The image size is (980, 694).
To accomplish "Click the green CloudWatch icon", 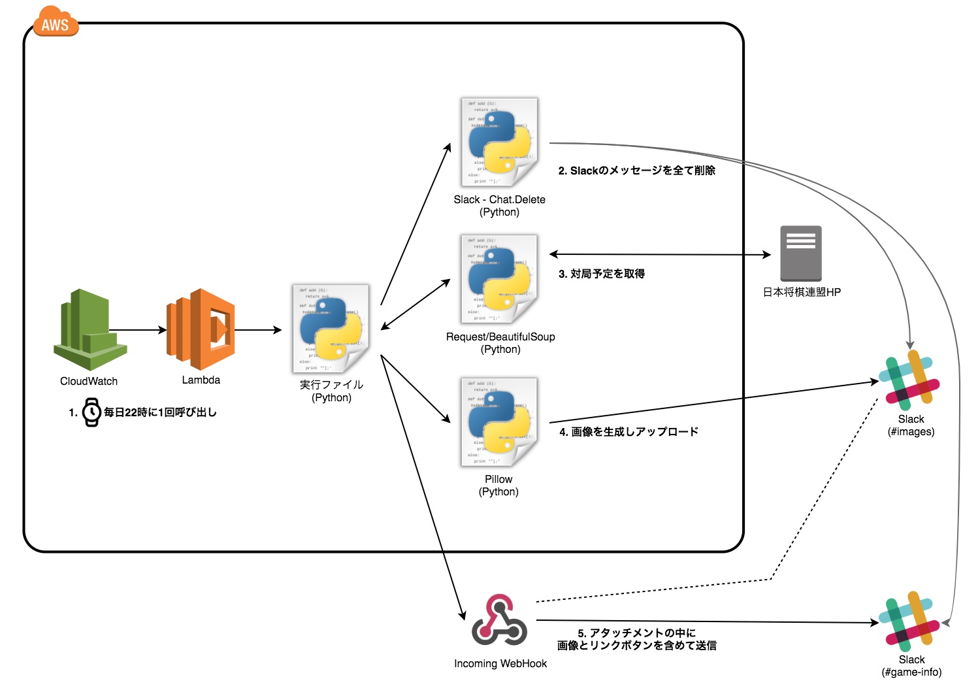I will (x=90, y=329).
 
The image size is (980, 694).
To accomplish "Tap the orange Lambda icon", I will (x=201, y=329).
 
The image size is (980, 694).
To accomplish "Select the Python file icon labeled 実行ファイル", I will (x=331, y=329).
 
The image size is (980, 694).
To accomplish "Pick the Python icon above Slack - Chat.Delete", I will (x=500, y=142).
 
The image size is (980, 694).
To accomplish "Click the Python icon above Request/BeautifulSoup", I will (x=500, y=279).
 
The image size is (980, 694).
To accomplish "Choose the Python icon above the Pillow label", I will (x=500, y=422).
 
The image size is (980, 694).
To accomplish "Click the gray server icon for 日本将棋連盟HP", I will (x=801, y=254).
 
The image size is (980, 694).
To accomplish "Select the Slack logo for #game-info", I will (x=909, y=621).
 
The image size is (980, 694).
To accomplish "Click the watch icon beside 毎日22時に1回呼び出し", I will (x=91, y=412).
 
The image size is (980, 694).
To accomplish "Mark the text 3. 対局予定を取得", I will (x=602, y=274).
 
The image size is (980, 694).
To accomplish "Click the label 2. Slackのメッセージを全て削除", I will (x=637, y=171).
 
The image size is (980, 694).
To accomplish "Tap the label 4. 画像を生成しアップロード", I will (x=629, y=432).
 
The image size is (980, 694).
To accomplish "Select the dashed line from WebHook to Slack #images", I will (x=771, y=579).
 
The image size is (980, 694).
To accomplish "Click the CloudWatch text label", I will (x=89, y=381).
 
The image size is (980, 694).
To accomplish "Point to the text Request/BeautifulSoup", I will (x=500, y=337).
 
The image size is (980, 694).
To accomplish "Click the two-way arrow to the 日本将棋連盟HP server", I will (x=660, y=254).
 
